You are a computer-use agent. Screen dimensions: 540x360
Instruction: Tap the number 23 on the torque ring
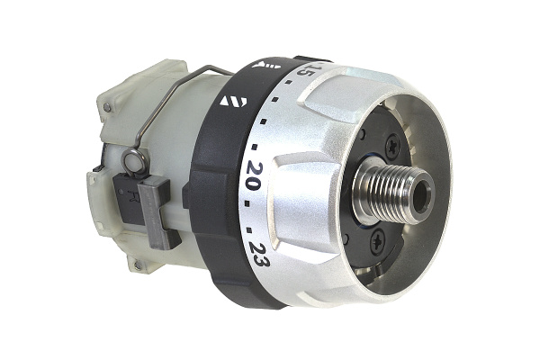point(260,255)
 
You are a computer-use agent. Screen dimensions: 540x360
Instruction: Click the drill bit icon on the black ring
point(266,64)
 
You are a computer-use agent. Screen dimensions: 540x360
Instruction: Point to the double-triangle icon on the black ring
point(233,101)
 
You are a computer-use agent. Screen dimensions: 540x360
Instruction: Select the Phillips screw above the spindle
point(393,148)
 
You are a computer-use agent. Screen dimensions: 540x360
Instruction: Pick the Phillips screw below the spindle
point(378,241)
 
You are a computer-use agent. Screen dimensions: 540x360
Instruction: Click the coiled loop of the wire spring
point(134,161)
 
